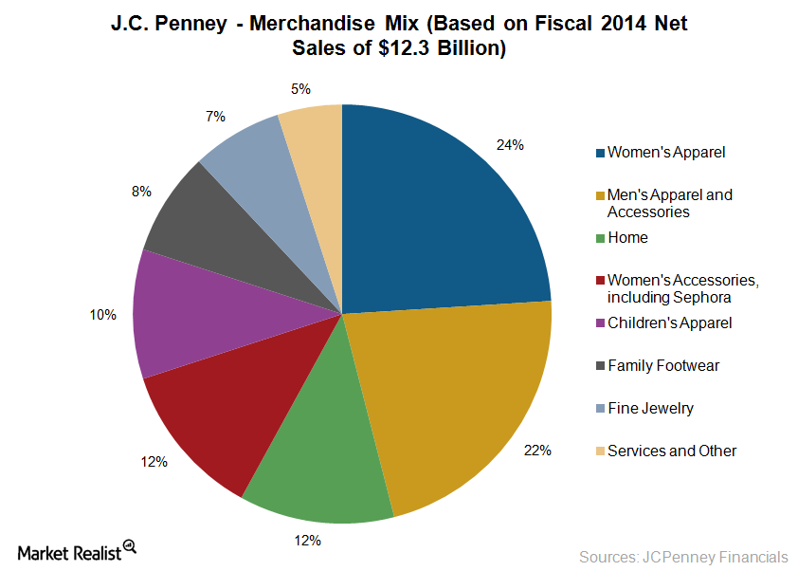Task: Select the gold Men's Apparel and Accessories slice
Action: [455, 398]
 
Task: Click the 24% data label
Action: [510, 145]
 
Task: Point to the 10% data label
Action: [103, 315]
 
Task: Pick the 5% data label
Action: [299, 89]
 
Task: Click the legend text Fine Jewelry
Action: [650, 409]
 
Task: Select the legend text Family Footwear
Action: [657, 365]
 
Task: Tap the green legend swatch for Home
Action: [600, 238]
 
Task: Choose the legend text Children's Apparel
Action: [669, 322]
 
